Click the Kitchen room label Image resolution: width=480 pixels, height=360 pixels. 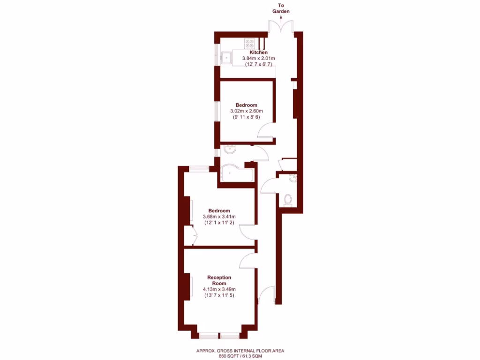click(x=258, y=52)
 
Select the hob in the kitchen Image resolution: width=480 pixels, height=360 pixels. click(x=248, y=44)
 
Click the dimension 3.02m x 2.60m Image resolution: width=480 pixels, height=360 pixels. click(x=246, y=111)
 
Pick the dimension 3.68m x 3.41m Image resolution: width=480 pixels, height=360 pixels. click(x=219, y=217)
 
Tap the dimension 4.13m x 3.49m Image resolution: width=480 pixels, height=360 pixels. click(x=219, y=289)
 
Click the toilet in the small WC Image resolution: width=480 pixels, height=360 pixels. click(x=288, y=200)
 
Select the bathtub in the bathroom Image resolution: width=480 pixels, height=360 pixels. click(x=237, y=174)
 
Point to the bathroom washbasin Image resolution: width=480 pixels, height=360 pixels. click(x=230, y=150)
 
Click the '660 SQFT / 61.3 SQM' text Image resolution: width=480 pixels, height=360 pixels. click(x=240, y=356)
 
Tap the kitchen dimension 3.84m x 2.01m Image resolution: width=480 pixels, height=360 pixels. click(x=258, y=59)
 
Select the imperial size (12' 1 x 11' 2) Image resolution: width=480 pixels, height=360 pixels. click(x=219, y=223)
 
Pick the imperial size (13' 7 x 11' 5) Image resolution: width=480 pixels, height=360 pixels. click(x=219, y=296)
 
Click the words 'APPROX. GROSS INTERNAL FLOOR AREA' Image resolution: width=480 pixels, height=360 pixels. click(x=240, y=350)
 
